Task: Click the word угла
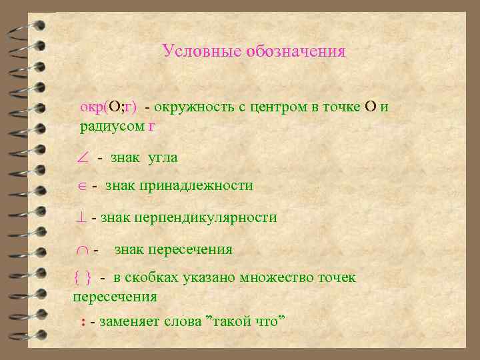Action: pos(162,158)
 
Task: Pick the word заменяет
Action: pos(127,323)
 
